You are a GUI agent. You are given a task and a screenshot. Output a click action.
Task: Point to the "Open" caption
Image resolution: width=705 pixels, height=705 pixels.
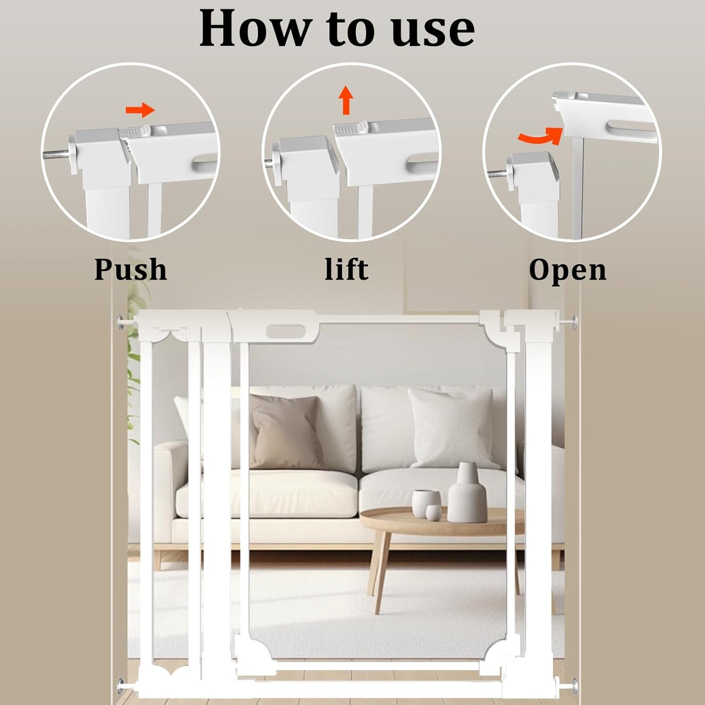[567, 270]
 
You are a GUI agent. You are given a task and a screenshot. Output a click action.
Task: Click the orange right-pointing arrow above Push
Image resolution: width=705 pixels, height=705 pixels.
[141, 110]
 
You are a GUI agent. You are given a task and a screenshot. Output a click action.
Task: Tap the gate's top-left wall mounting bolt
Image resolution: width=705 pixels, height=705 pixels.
[121, 322]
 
